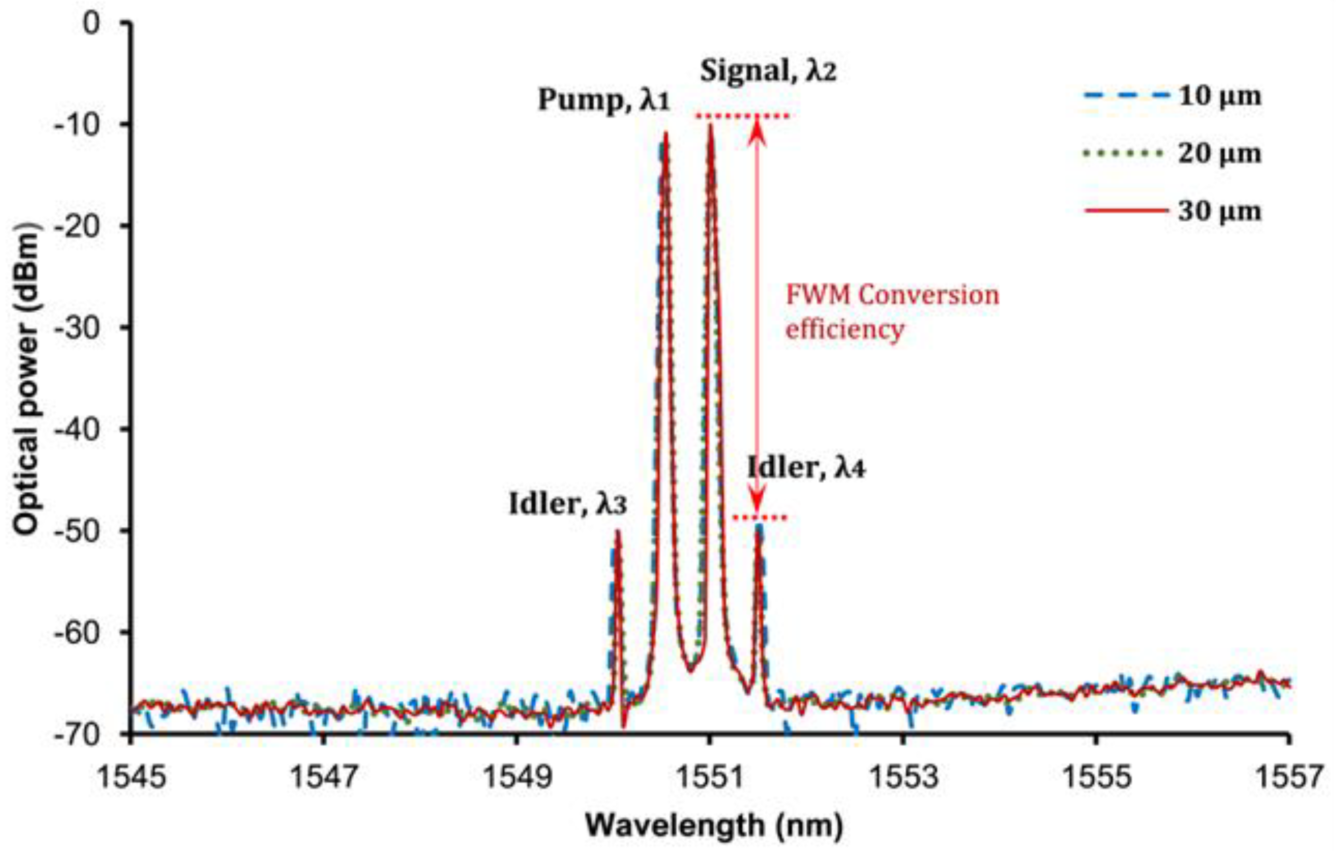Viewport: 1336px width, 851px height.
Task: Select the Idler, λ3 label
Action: tap(568, 504)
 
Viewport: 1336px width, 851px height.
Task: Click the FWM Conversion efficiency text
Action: tap(892, 312)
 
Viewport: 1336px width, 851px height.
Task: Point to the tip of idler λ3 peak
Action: tap(617, 531)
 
